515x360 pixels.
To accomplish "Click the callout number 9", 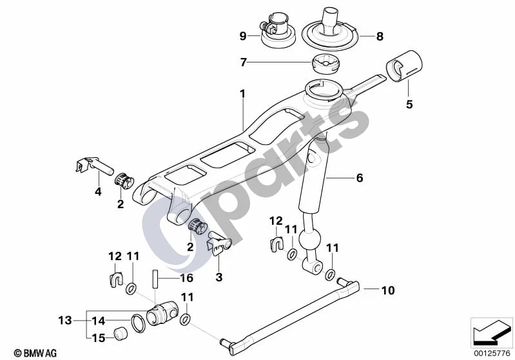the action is [x=243, y=35].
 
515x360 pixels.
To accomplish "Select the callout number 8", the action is [x=380, y=36].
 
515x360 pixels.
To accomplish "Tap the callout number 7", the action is [x=244, y=62].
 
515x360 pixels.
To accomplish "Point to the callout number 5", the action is [x=409, y=104].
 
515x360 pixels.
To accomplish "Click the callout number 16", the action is [x=186, y=278].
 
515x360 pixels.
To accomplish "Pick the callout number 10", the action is [x=388, y=290].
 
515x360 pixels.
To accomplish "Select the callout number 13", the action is [x=65, y=320].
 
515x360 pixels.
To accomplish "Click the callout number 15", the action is [x=98, y=337].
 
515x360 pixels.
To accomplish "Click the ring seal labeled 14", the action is [x=139, y=323].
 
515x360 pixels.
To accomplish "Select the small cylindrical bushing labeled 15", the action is [x=121, y=334].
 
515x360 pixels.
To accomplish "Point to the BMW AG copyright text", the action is [x=35, y=353].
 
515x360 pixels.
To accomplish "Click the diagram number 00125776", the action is [x=492, y=353].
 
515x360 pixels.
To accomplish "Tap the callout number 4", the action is [x=98, y=192].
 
